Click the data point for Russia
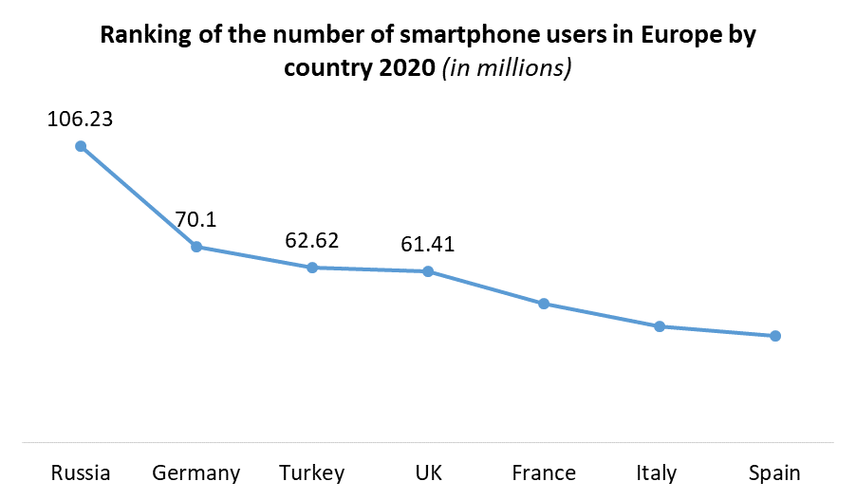[x=81, y=146]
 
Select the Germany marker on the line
[x=196, y=247]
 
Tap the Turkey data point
[x=312, y=268]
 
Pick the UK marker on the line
[x=428, y=271]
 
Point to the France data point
[x=544, y=304]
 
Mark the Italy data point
[x=660, y=326]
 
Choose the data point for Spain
[x=775, y=336]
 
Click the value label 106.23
[x=81, y=120]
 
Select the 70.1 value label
[x=196, y=220]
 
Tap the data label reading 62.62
[x=312, y=241]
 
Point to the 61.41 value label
[x=428, y=245]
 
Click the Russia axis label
[x=81, y=472]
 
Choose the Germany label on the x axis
[x=196, y=472]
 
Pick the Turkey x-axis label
[x=312, y=472]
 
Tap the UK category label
[x=428, y=472]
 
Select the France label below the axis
[x=544, y=472]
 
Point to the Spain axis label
[x=775, y=472]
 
